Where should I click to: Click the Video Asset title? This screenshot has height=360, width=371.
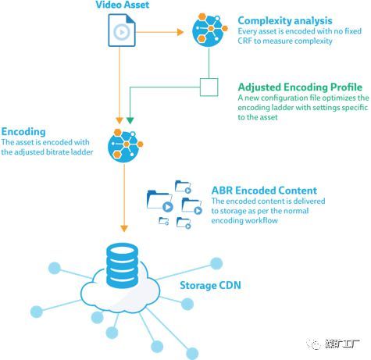point(123,5)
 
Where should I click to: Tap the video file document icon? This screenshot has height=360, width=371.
point(122,30)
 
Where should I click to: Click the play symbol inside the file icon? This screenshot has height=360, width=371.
point(122,32)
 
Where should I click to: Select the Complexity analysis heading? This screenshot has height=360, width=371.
point(285,20)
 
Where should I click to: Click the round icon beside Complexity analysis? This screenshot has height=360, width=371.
point(209,30)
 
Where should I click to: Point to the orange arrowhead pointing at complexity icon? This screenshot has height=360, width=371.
point(180,32)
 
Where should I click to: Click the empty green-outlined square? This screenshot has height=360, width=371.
point(209,87)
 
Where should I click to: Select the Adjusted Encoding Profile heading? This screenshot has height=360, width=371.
point(300,87)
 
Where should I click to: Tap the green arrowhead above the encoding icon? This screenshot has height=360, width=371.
point(130,120)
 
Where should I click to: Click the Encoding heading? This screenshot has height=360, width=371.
point(23,132)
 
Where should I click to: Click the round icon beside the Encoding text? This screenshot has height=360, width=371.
point(125,145)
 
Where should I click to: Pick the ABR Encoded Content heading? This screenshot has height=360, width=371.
point(264,191)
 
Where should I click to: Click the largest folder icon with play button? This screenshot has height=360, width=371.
point(159,201)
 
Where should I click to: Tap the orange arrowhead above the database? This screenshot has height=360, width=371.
point(124,228)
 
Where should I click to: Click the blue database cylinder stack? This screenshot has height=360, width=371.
point(122,266)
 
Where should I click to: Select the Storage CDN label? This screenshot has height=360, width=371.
point(210,285)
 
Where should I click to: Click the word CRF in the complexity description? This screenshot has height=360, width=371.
point(244,41)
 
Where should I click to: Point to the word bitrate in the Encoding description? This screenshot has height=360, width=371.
point(57,151)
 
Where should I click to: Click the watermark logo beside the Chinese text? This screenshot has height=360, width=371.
point(313,344)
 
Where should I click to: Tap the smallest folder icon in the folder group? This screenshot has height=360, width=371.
point(164,221)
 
